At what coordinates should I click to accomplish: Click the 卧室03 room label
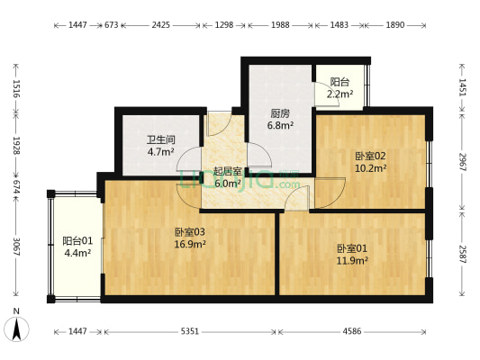[190, 232]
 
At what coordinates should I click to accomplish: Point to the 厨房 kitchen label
[280, 114]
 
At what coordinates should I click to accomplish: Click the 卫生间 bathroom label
[160, 140]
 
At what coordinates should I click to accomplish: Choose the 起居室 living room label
[227, 171]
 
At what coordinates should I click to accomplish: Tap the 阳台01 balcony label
[77, 241]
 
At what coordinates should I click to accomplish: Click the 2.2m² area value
[340, 93]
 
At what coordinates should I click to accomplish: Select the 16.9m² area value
[190, 244]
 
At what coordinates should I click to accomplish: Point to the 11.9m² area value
[352, 261]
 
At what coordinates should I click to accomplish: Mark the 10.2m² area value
[370, 167]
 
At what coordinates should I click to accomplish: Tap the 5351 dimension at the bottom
[190, 332]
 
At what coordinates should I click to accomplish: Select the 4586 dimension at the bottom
[352, 332]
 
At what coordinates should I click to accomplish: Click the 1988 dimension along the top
[280, 26]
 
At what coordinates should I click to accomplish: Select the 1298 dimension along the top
[224, 26]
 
